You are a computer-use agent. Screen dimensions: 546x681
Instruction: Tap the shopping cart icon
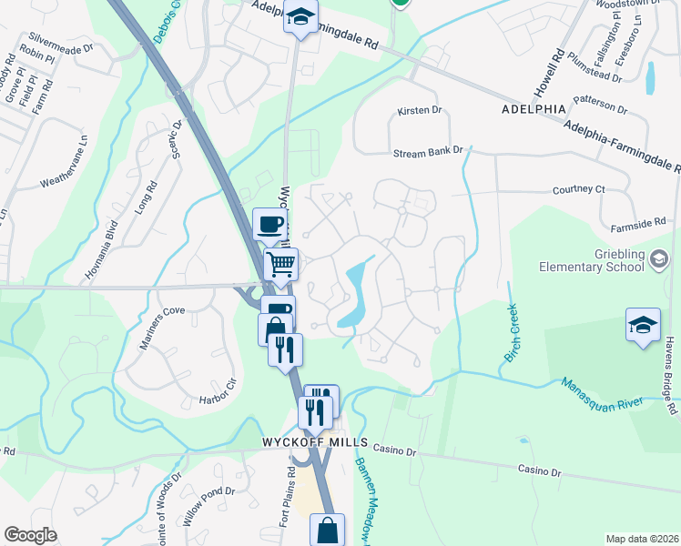pyautogui.click(x=280, y=265)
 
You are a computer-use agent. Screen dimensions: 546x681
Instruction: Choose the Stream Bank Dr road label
pyautogui.click(x=428, y=153)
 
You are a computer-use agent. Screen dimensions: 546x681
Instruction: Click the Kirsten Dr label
pyautogui.click(x=419, y=111)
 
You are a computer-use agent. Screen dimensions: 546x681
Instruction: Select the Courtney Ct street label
pyautogui.click(x=578, y=189)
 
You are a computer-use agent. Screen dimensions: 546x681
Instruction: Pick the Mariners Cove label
pyautogui.click(x=161, y=310)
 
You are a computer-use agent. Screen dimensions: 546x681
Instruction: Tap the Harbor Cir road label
pyautogui.click(x=218, y=399)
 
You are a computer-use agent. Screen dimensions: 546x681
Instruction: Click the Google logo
pyautogui.click(x=30, y=535)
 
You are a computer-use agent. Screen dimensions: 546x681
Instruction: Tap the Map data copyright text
pyautogui.click(x=641, y=539)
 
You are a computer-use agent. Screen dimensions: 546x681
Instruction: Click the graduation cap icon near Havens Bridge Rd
pyautogui.click(x=642, y=325)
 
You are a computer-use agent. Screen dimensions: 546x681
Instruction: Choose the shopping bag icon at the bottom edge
pyautogui.click(x=327, y=530)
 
